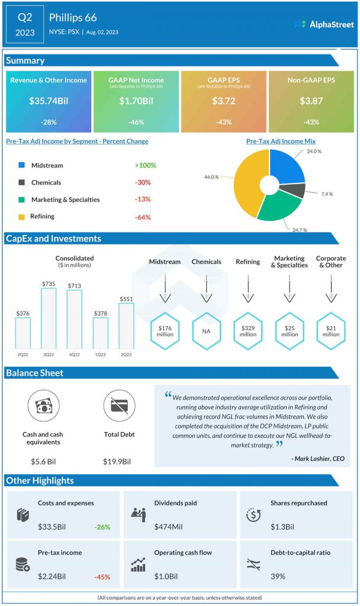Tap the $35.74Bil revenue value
pyautogui.click(x=49, y=101)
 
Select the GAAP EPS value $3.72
pyautogui.click(x=224, y=101)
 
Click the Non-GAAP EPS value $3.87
pyautogui.click(x=311, y=101)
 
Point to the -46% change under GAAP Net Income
pyautogui.click(x=136, y=122)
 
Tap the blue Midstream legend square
pyautogui.click(x=22, y=166)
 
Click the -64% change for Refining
pyautogui.click(x=143, y=217)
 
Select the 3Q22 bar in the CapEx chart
pyautogui.click(x=49, y=318)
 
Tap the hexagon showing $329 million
pyautogui.click(x=248, y=331)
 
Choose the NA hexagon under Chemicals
pyautogui.click(x=206, y=331)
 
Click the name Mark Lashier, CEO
pyautogui.click(x=317, y=458)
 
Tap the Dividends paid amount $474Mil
pyautogui.click(x=168, y=527)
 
